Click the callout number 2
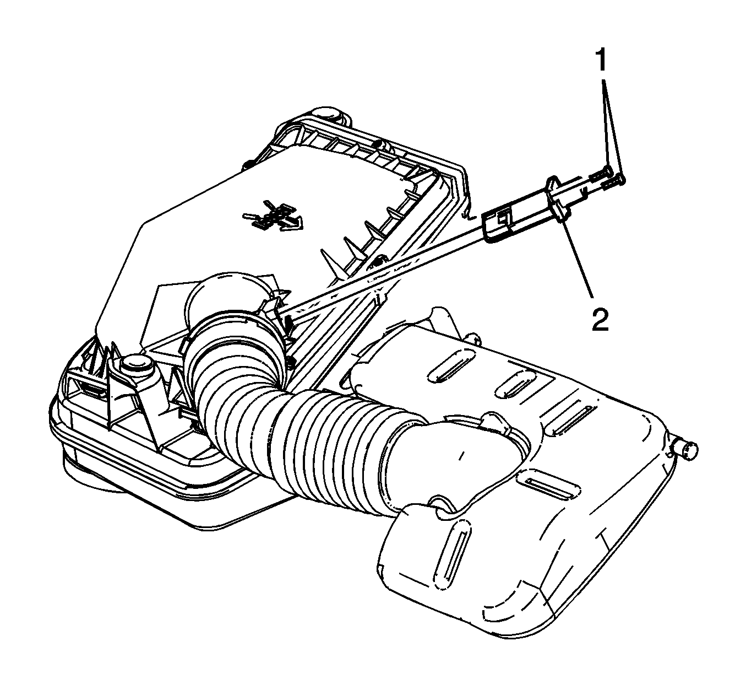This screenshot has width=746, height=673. [600, 319]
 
